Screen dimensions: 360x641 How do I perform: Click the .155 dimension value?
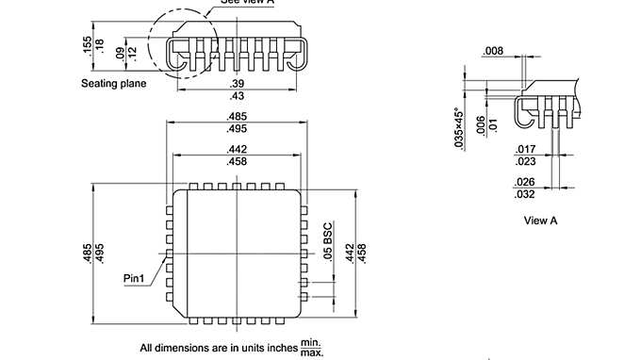click(x=86, y=45)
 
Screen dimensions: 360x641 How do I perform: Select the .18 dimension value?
click(x=100, y=45)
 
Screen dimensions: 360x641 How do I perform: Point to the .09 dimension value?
click(x=119, y=54)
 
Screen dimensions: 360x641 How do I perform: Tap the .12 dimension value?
click(x=132, y=54)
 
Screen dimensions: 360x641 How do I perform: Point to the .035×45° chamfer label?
click(x=458, y=128)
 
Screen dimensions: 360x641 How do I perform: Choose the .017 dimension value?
click(x=525, y=148)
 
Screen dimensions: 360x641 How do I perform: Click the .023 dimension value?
click(x=525, y=160)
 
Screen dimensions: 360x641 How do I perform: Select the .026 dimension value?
click(x=525, y=182)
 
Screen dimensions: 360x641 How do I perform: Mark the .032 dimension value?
click(x=525, y=194)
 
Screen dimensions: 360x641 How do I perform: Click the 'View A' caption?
click(x=541, y=221)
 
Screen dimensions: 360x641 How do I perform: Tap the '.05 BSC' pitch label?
click(x=328, y=241)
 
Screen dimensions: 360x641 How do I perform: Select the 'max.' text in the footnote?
click(x=311, y=352)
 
